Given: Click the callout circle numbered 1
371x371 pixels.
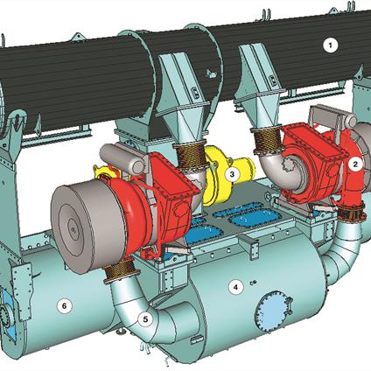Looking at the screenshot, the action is (x=330, y=45).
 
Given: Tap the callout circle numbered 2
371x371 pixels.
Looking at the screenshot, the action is (x=355, y=164).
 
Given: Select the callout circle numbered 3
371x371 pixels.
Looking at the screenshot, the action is (x=232, y=174).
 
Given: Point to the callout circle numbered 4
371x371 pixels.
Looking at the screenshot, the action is (x=235, y=288).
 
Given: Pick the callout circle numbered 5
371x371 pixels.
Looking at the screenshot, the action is (x=145, y=319).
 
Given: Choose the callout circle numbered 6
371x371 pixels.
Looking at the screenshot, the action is (x=64, y=306).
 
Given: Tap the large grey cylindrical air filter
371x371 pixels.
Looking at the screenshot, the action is (x=87, y=226).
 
